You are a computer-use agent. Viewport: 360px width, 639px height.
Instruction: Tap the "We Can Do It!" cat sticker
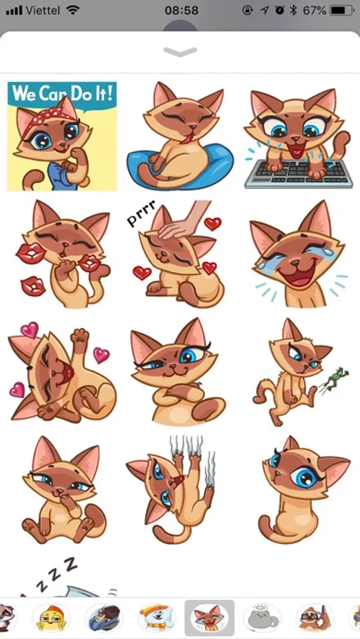62,136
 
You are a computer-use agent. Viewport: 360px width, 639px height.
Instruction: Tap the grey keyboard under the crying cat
298,173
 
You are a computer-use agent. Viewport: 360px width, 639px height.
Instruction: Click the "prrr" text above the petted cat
141,213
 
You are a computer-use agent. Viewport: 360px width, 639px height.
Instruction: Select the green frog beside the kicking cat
334,379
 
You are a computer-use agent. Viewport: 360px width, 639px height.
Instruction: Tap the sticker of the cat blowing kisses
63,254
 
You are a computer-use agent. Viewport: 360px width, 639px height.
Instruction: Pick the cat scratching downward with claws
172,490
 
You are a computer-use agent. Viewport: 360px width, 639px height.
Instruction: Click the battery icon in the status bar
342,10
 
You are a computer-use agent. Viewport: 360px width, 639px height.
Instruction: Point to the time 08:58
182,10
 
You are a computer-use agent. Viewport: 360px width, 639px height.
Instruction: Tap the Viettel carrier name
43,10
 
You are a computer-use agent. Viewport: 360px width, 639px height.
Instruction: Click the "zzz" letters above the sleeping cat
56,574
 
